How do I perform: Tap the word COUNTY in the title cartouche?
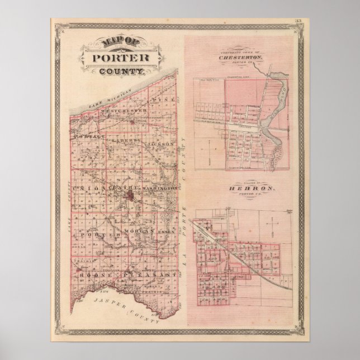pos(121,71)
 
